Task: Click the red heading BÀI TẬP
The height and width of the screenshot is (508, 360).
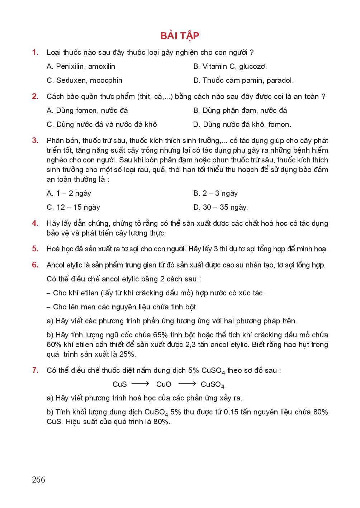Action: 180,35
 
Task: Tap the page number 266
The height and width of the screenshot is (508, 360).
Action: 38,479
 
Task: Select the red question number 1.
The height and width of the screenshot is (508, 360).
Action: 35,52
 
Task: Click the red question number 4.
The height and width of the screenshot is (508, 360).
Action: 35,223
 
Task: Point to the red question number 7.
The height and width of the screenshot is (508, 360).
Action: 35,370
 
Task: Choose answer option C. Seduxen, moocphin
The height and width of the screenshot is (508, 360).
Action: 84,80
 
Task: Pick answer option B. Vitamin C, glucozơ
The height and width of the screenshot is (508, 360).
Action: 230,66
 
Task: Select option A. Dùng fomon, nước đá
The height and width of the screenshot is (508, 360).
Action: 87,110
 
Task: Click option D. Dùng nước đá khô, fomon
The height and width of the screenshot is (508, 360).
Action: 242,124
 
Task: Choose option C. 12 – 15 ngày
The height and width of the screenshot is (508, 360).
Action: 73,207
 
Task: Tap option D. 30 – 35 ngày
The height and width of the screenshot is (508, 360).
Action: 221,207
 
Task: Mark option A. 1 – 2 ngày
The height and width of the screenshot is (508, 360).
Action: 69,193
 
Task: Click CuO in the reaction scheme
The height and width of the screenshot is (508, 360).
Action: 164,384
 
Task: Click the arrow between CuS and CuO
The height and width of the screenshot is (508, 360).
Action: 140,384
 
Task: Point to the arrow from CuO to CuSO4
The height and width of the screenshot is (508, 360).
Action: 187,384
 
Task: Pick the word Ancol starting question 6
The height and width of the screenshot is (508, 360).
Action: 56,265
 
